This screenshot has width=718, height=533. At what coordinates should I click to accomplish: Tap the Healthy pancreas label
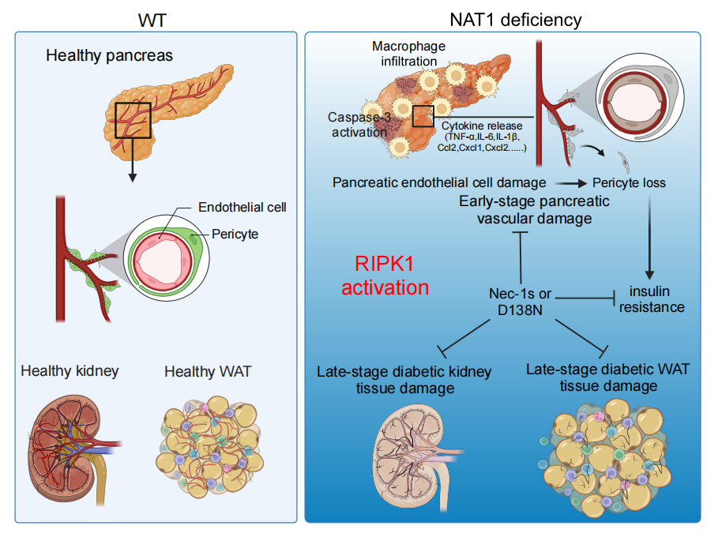[x=109, y=56]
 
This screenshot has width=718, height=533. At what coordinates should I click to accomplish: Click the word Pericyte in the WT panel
[x=235, y=235]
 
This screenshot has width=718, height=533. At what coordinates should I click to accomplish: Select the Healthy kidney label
[x=70, y=370]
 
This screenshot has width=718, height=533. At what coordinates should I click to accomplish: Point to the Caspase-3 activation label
[x=357, y=124]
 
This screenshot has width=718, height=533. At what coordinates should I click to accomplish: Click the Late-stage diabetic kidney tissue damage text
[x=404, y=379]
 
